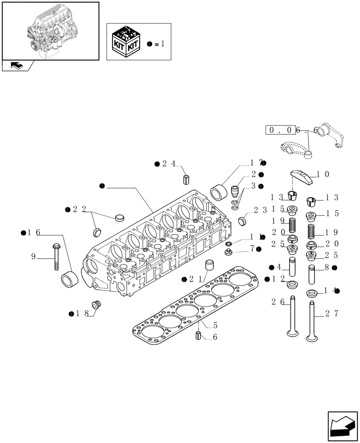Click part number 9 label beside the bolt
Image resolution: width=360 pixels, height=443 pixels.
pyautogui.click(x=34, y=256)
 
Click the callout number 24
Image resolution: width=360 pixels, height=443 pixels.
pyautogui.click(x=168, y=164)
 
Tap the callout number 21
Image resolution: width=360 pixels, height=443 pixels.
pyautogui.click(x=195, y=279)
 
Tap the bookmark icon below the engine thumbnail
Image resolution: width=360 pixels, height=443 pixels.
pyautogui.click(x=16, y=66)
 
